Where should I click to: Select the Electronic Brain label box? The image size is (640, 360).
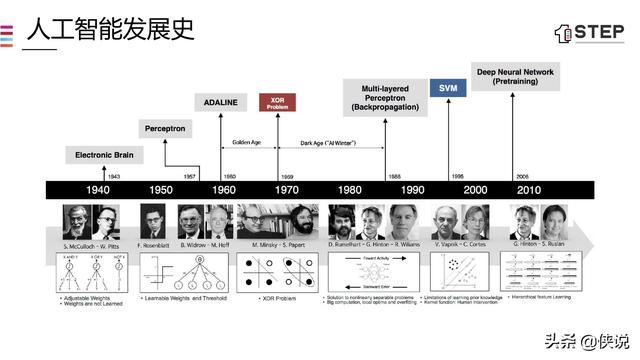tap(104, 155)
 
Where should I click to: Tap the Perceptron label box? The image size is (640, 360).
tap(164, 129)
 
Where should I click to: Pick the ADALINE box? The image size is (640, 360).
tap(220, 103)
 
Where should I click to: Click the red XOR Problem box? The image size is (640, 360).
tap(277, 102)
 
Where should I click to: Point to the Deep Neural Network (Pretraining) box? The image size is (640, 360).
tap(528, 77)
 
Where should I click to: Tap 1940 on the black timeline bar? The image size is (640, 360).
tap(98, 190)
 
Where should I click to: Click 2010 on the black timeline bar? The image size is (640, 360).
tap(529, 190)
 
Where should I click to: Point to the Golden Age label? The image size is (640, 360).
tap(247, 143)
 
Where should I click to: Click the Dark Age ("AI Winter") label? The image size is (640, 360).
tap(330, 143)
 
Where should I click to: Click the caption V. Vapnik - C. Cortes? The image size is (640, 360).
tap(460, 245)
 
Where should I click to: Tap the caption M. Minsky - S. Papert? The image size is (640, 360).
tap(278, 245)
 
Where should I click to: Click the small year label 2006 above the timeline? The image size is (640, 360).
tap(520, 174)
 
